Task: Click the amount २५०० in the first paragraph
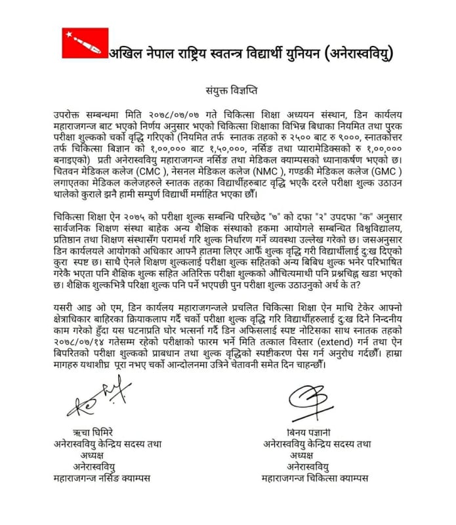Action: (309, 136)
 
